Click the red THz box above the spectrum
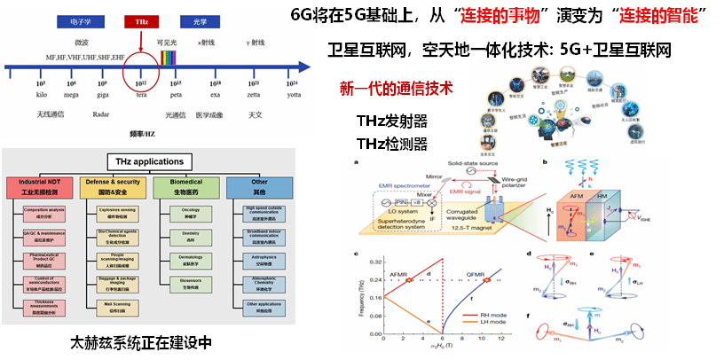tap(141, 20)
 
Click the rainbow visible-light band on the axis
tap(168, 60)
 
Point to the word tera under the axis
tap(141, 95)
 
